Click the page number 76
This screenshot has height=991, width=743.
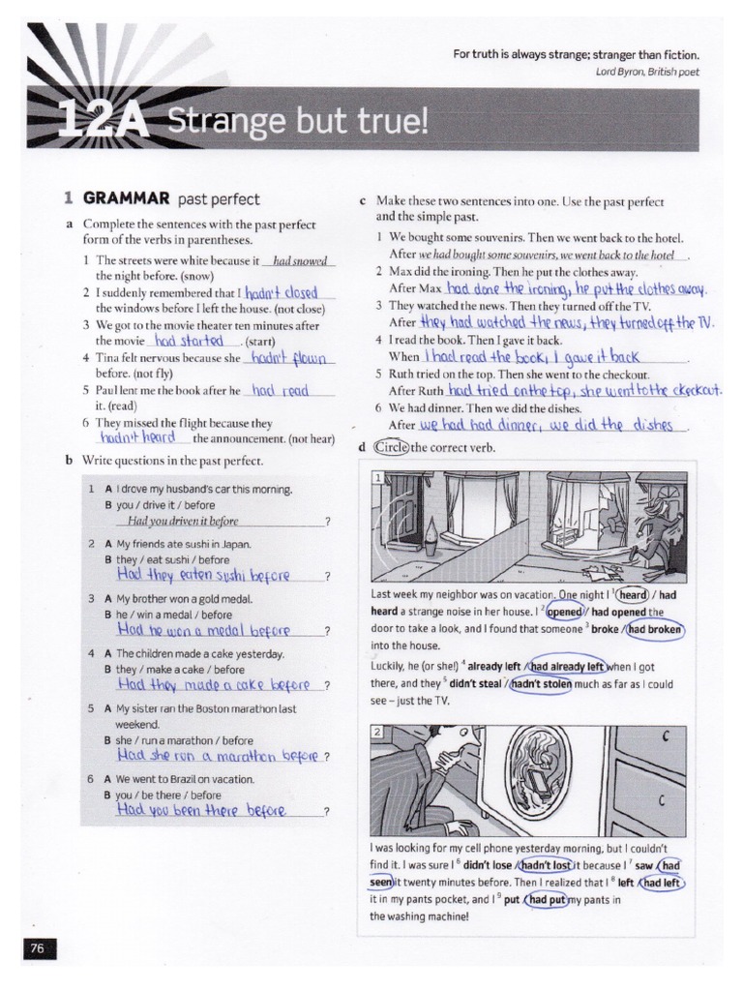point(38,948)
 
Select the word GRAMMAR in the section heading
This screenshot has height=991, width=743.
point(125,199)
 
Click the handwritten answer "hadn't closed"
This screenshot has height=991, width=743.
point(282,292)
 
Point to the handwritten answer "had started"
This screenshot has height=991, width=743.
point(189,341)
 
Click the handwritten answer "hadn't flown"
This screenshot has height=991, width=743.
point(290,358)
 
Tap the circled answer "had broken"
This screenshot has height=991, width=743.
point(655,629)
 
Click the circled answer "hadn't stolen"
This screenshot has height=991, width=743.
point(542,683)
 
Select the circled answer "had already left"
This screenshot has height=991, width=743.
point(567,666)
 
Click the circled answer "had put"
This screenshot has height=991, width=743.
point(549,899)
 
